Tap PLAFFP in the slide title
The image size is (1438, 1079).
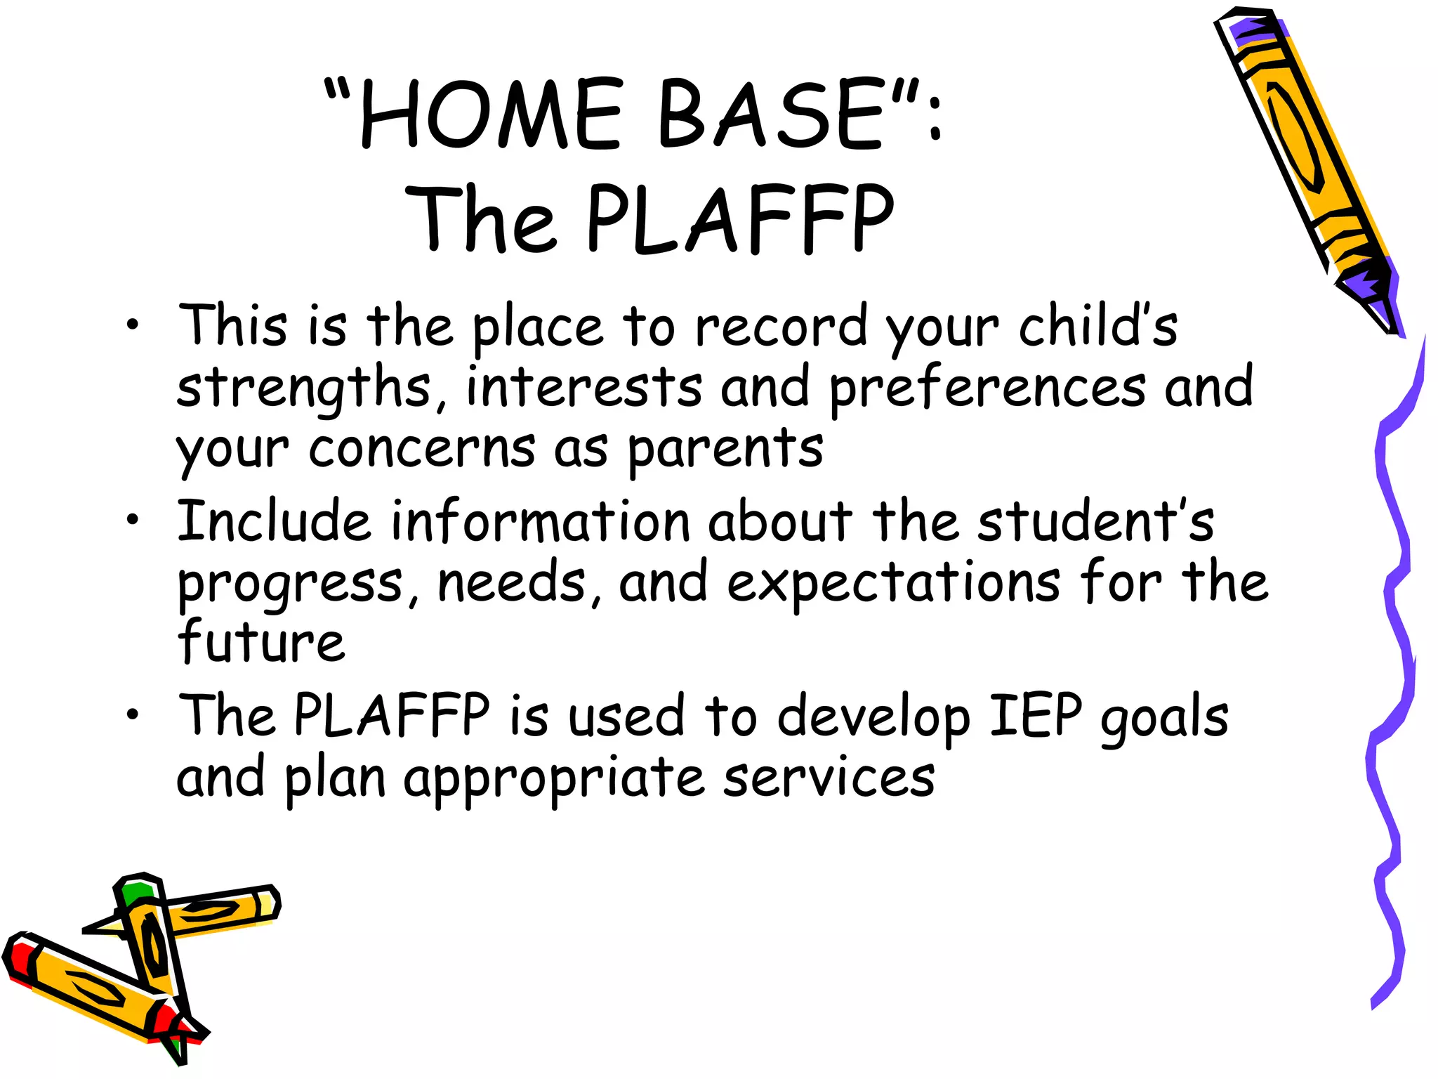pyautogui.click(x=739, y=218)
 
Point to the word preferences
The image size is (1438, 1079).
pyautogui.click(x=987, y=388)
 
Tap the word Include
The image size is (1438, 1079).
pyautogui.click(x=273, y=521)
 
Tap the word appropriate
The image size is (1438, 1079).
pyautogui.click(x=553, y=778)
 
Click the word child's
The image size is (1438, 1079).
pyautogui.click(x=1097, y=326)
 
